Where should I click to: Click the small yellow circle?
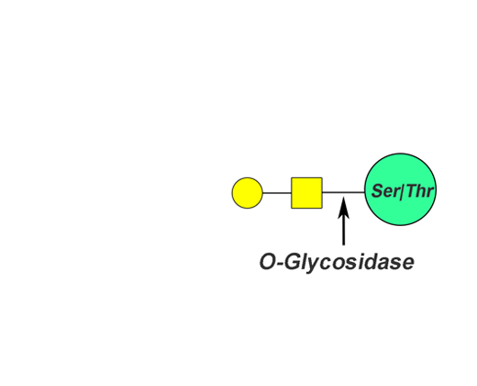click(247, 193)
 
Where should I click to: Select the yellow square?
click(306, 193)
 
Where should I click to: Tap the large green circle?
click(401, 189)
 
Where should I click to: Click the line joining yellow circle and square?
click(277, 193)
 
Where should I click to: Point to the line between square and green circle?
click(343, 192)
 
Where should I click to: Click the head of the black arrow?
click(344, 208)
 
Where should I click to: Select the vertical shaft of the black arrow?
click(344, 230)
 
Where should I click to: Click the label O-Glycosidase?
click(337, 263)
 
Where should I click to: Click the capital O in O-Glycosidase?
click(268, 262)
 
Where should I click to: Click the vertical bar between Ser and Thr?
click(402, 191)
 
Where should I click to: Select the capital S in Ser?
click(378, 191)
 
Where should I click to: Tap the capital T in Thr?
click(412, 191)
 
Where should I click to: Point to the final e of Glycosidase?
click(407, 264)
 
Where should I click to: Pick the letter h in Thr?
click(423, 191)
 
